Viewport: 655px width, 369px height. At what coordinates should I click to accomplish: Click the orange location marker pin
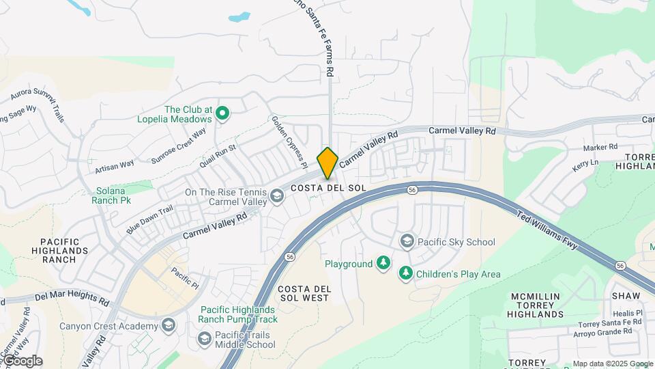click(x=328, y=162)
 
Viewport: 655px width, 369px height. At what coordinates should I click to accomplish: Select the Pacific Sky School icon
click(x=407, y=242)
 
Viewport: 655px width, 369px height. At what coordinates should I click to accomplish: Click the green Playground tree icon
click(x=384, y=264)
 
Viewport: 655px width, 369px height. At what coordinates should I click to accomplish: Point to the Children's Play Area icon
click(x=406, y=274)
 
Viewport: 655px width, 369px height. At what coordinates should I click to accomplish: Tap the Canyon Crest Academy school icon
click(x=169, y=325)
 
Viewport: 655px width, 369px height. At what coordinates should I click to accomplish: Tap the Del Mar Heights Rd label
click(x=72, y=299)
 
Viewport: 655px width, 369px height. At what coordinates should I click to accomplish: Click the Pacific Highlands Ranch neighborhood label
click(x=65, y=251)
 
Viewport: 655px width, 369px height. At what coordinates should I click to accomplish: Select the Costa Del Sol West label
click(x=305, y=293)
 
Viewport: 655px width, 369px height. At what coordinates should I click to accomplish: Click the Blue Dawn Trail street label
click(x=151, y=221)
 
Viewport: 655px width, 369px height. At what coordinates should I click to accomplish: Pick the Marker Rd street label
click(x=600, y=147)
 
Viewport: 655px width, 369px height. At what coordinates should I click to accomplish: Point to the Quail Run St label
click(x=218, y=156)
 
